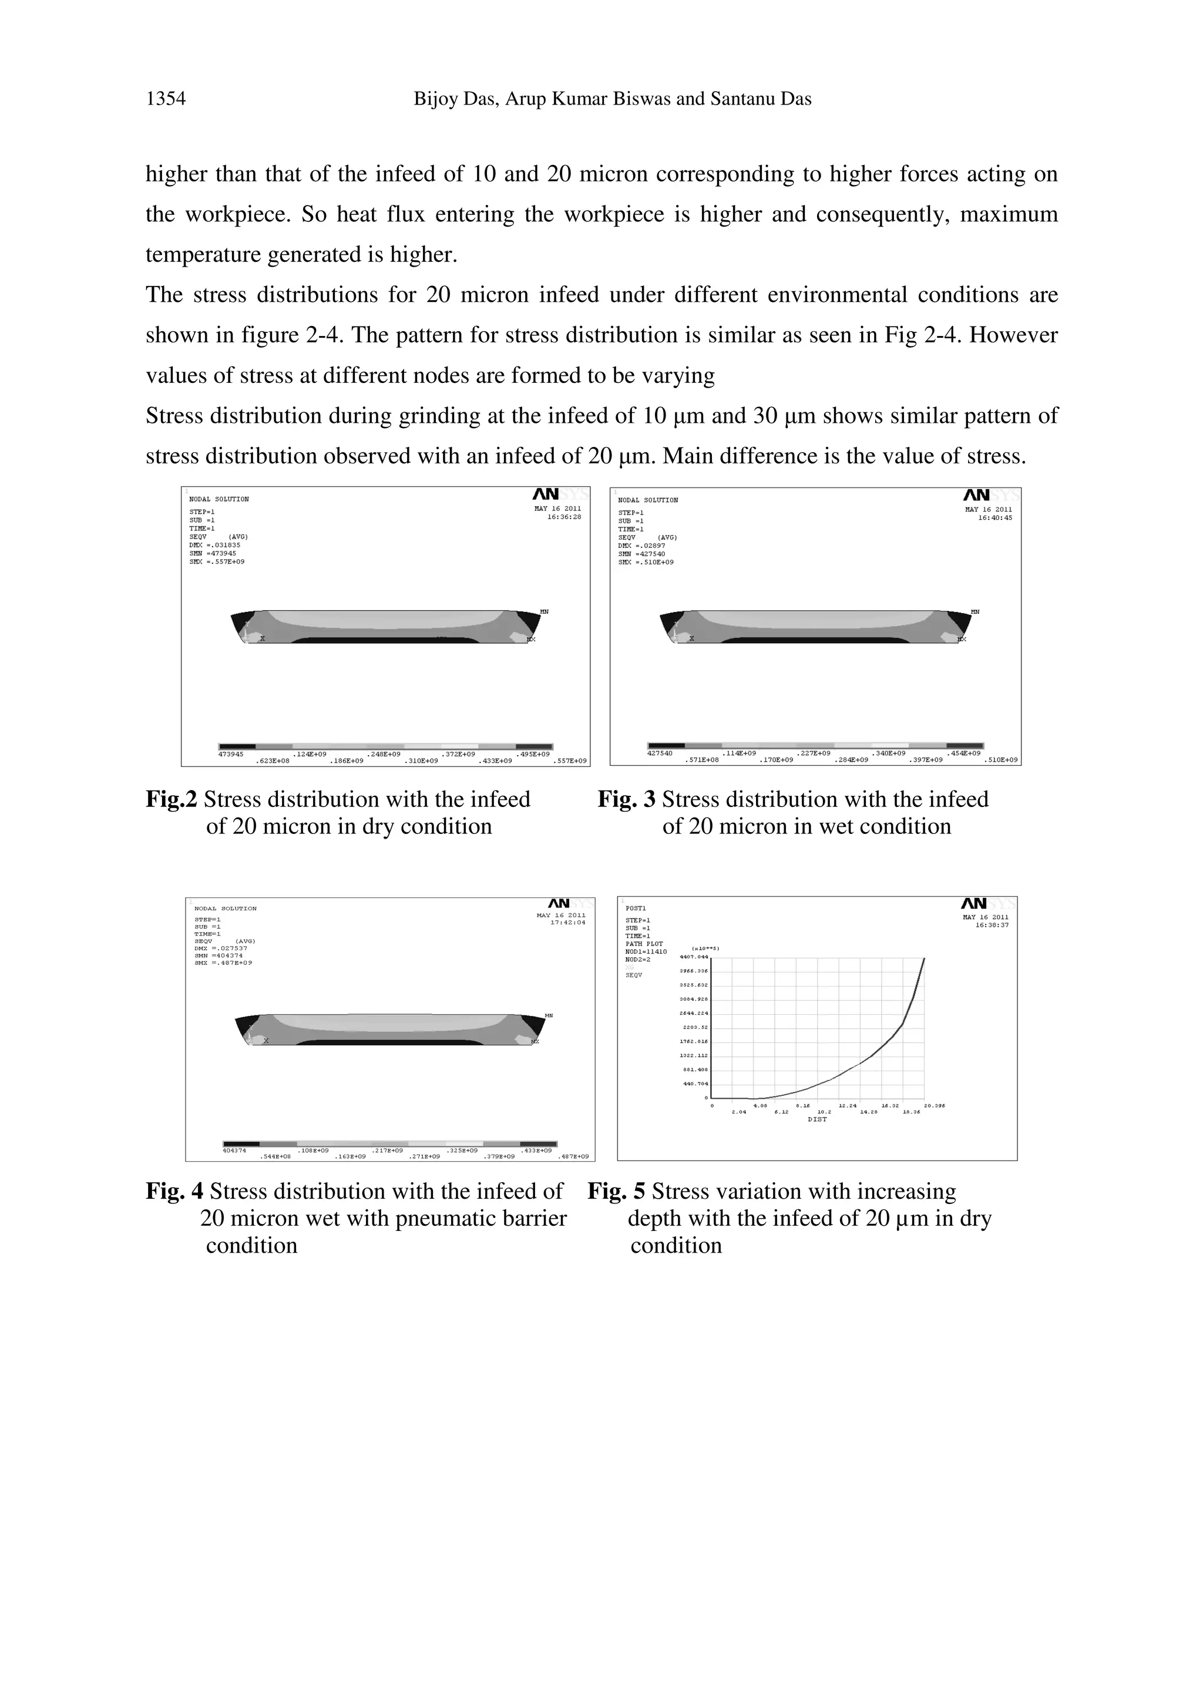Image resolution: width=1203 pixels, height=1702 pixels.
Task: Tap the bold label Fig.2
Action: [171, 799]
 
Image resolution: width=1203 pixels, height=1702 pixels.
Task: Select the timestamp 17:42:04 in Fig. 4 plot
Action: [568, 923]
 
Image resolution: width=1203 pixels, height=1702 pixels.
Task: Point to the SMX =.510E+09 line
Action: [646, 563]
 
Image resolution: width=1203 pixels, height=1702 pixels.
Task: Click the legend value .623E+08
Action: [272, 761]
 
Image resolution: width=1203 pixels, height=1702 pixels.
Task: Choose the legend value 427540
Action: [660, 753]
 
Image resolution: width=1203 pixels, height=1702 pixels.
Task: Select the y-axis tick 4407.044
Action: [694, 957]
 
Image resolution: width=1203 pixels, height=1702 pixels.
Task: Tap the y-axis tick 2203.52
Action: [695, 1027]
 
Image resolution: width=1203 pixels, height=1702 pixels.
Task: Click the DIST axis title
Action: [817, 1119]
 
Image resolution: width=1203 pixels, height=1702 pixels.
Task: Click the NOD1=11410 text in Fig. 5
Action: [646, 952]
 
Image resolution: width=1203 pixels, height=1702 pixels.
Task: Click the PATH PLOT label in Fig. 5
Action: [644, 944]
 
